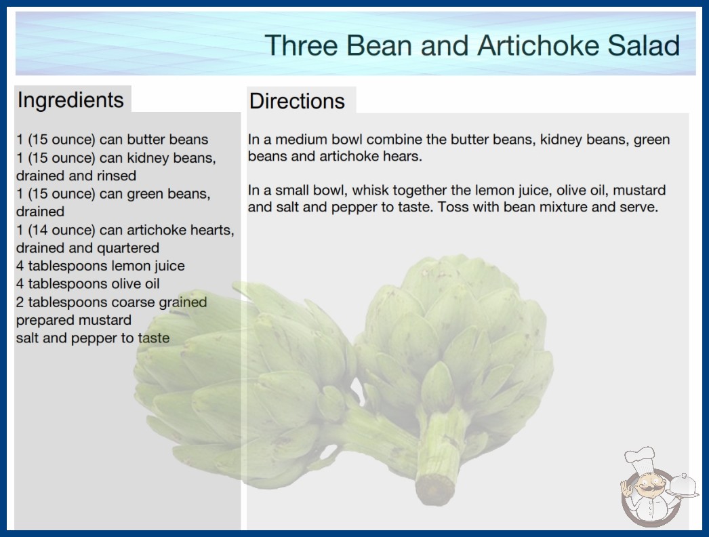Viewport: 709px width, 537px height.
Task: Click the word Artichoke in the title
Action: coord(538,45)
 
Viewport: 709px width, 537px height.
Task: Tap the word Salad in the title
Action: coord(643,45)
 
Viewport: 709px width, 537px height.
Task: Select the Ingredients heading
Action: coord(70,100)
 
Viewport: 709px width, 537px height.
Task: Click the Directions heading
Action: coord(297,101)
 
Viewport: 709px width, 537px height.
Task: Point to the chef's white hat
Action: coord(641,458)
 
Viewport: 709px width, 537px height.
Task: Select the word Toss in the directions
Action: coord(454,207)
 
